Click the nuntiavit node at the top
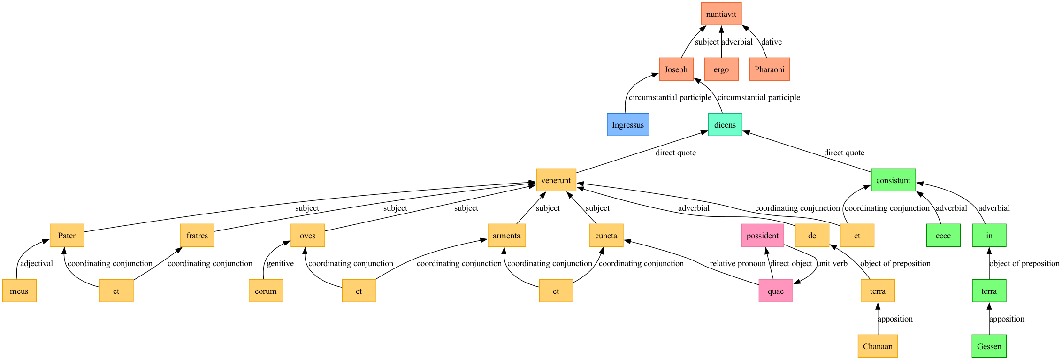pyautogui.click(x=721, y=14)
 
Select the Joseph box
pyautogui.click(x=676, y=69)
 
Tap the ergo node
pyautogui.click(x=721, y=69)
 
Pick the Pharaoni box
pyautogui.click(x=770, y=69)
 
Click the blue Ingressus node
pyautogui.click(x=628, y=125)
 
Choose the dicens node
pyautogui.click(x=725, y=125)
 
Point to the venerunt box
pyautogui.click(x=556, y=180)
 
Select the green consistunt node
pyautogui.click(x=894, y=180)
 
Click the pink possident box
pyautogui.click(x=763, y=236)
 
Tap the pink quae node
pyautogui.click(x=776, y=291)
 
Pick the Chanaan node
pyautogui.click(x=878, y=346)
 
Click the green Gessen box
pyautogui.click(x=989, y=346)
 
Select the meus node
pyautogui.click(x=19, y=291)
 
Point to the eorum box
pyautogui.click(x=266, y=291)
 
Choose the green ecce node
pyautogui.click(x=943, y=236)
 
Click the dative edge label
pyautogui.click(x=772, y=42)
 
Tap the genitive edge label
pyautogui.click(x=280, y=263)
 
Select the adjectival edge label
pyautogui.click(x=37, y=263)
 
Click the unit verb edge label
pyautogui.click(x=833, y=263)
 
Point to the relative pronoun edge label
pyautogui.click(x=738, y=263)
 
